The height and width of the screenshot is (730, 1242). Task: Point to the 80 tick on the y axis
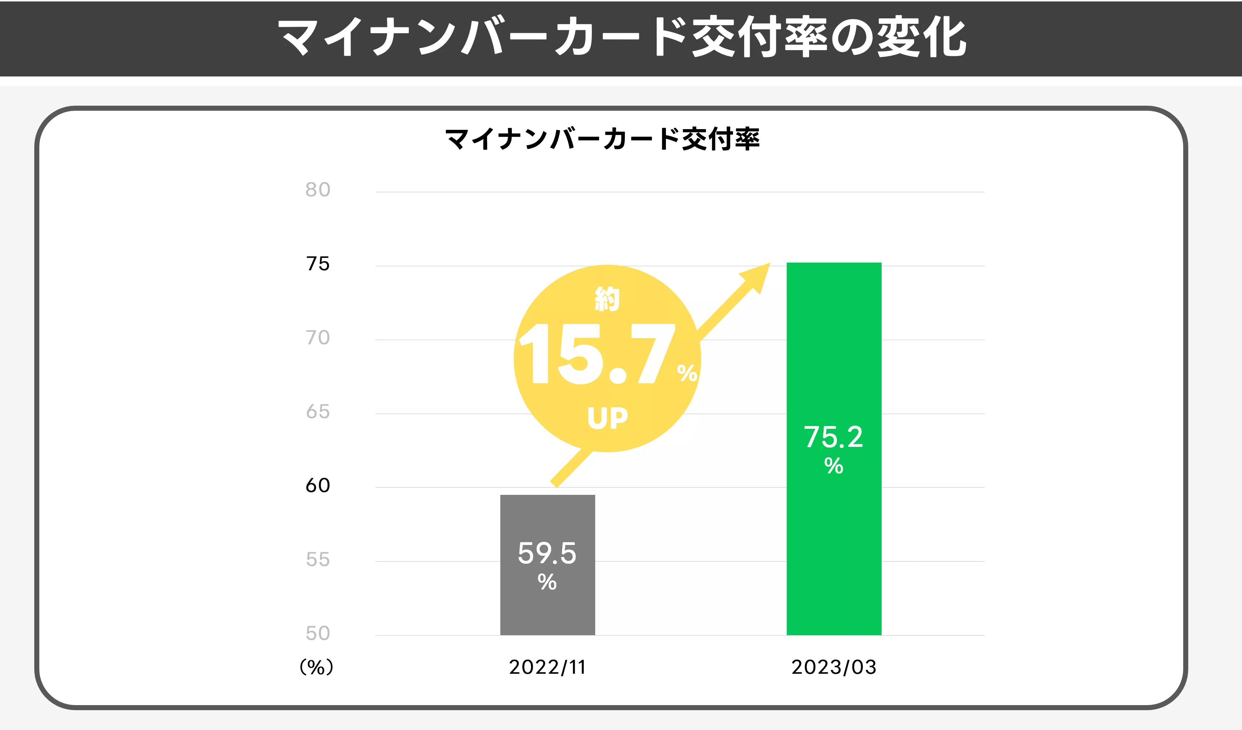coord(317,190)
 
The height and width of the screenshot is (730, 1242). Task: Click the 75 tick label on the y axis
coord(317,264)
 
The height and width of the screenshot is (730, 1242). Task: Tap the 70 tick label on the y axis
coord(317,338)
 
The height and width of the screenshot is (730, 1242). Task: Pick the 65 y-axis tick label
coord(317,412)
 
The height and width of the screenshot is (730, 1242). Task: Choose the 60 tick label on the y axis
coord(317,485)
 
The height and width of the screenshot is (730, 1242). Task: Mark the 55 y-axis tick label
coord(317,559)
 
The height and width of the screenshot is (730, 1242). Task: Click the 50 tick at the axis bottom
coord(317,633)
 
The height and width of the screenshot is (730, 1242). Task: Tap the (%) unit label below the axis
coord(316,667)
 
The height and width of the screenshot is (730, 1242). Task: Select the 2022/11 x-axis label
coord(548,667)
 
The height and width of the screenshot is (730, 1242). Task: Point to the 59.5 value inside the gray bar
coord(547,553)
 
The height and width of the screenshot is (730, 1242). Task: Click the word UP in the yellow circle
coord(608,418)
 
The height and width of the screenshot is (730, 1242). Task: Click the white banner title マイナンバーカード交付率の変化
coord(621,37)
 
